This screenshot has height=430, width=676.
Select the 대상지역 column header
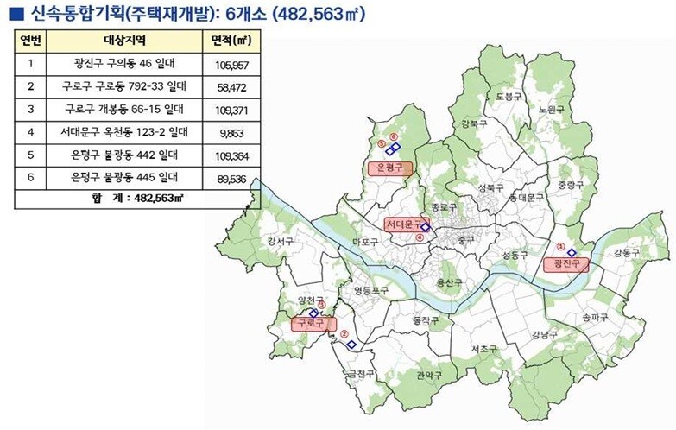pos(124,41)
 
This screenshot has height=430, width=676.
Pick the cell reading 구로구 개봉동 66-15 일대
pos(124,110)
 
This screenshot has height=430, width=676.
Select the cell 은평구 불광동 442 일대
pos(124,155)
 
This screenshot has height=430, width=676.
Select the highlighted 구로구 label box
pos(312,324)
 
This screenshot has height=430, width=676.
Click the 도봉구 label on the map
pos(509,98)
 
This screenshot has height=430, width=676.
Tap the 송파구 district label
pos(596,318)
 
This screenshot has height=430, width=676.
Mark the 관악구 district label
pos(428,376)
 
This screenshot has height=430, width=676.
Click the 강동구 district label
pos(626,252)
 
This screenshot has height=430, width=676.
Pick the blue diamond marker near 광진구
pos(572,251)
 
